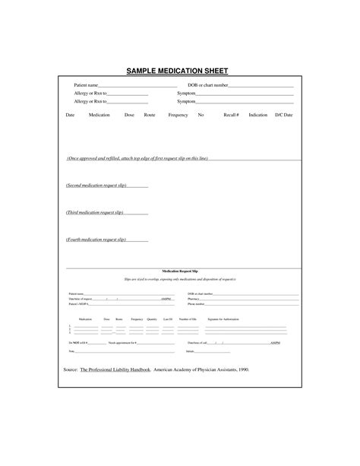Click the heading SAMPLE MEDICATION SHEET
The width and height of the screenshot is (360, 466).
(180, 71)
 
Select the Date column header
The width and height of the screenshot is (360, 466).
(70, 115)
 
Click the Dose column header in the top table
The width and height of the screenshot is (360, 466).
(129, 115)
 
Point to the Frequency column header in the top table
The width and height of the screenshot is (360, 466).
(178, 115)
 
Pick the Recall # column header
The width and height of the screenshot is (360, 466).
(231, 115)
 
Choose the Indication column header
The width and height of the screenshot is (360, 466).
(258, 115)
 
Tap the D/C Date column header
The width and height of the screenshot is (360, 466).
(283, 115)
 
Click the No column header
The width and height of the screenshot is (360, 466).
(201, 115)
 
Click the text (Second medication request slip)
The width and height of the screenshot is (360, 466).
(95, 185)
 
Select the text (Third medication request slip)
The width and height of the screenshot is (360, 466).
(94, 213)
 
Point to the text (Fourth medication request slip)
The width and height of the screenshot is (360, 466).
(95, 239)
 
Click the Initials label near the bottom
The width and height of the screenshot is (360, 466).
(191, 351)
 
